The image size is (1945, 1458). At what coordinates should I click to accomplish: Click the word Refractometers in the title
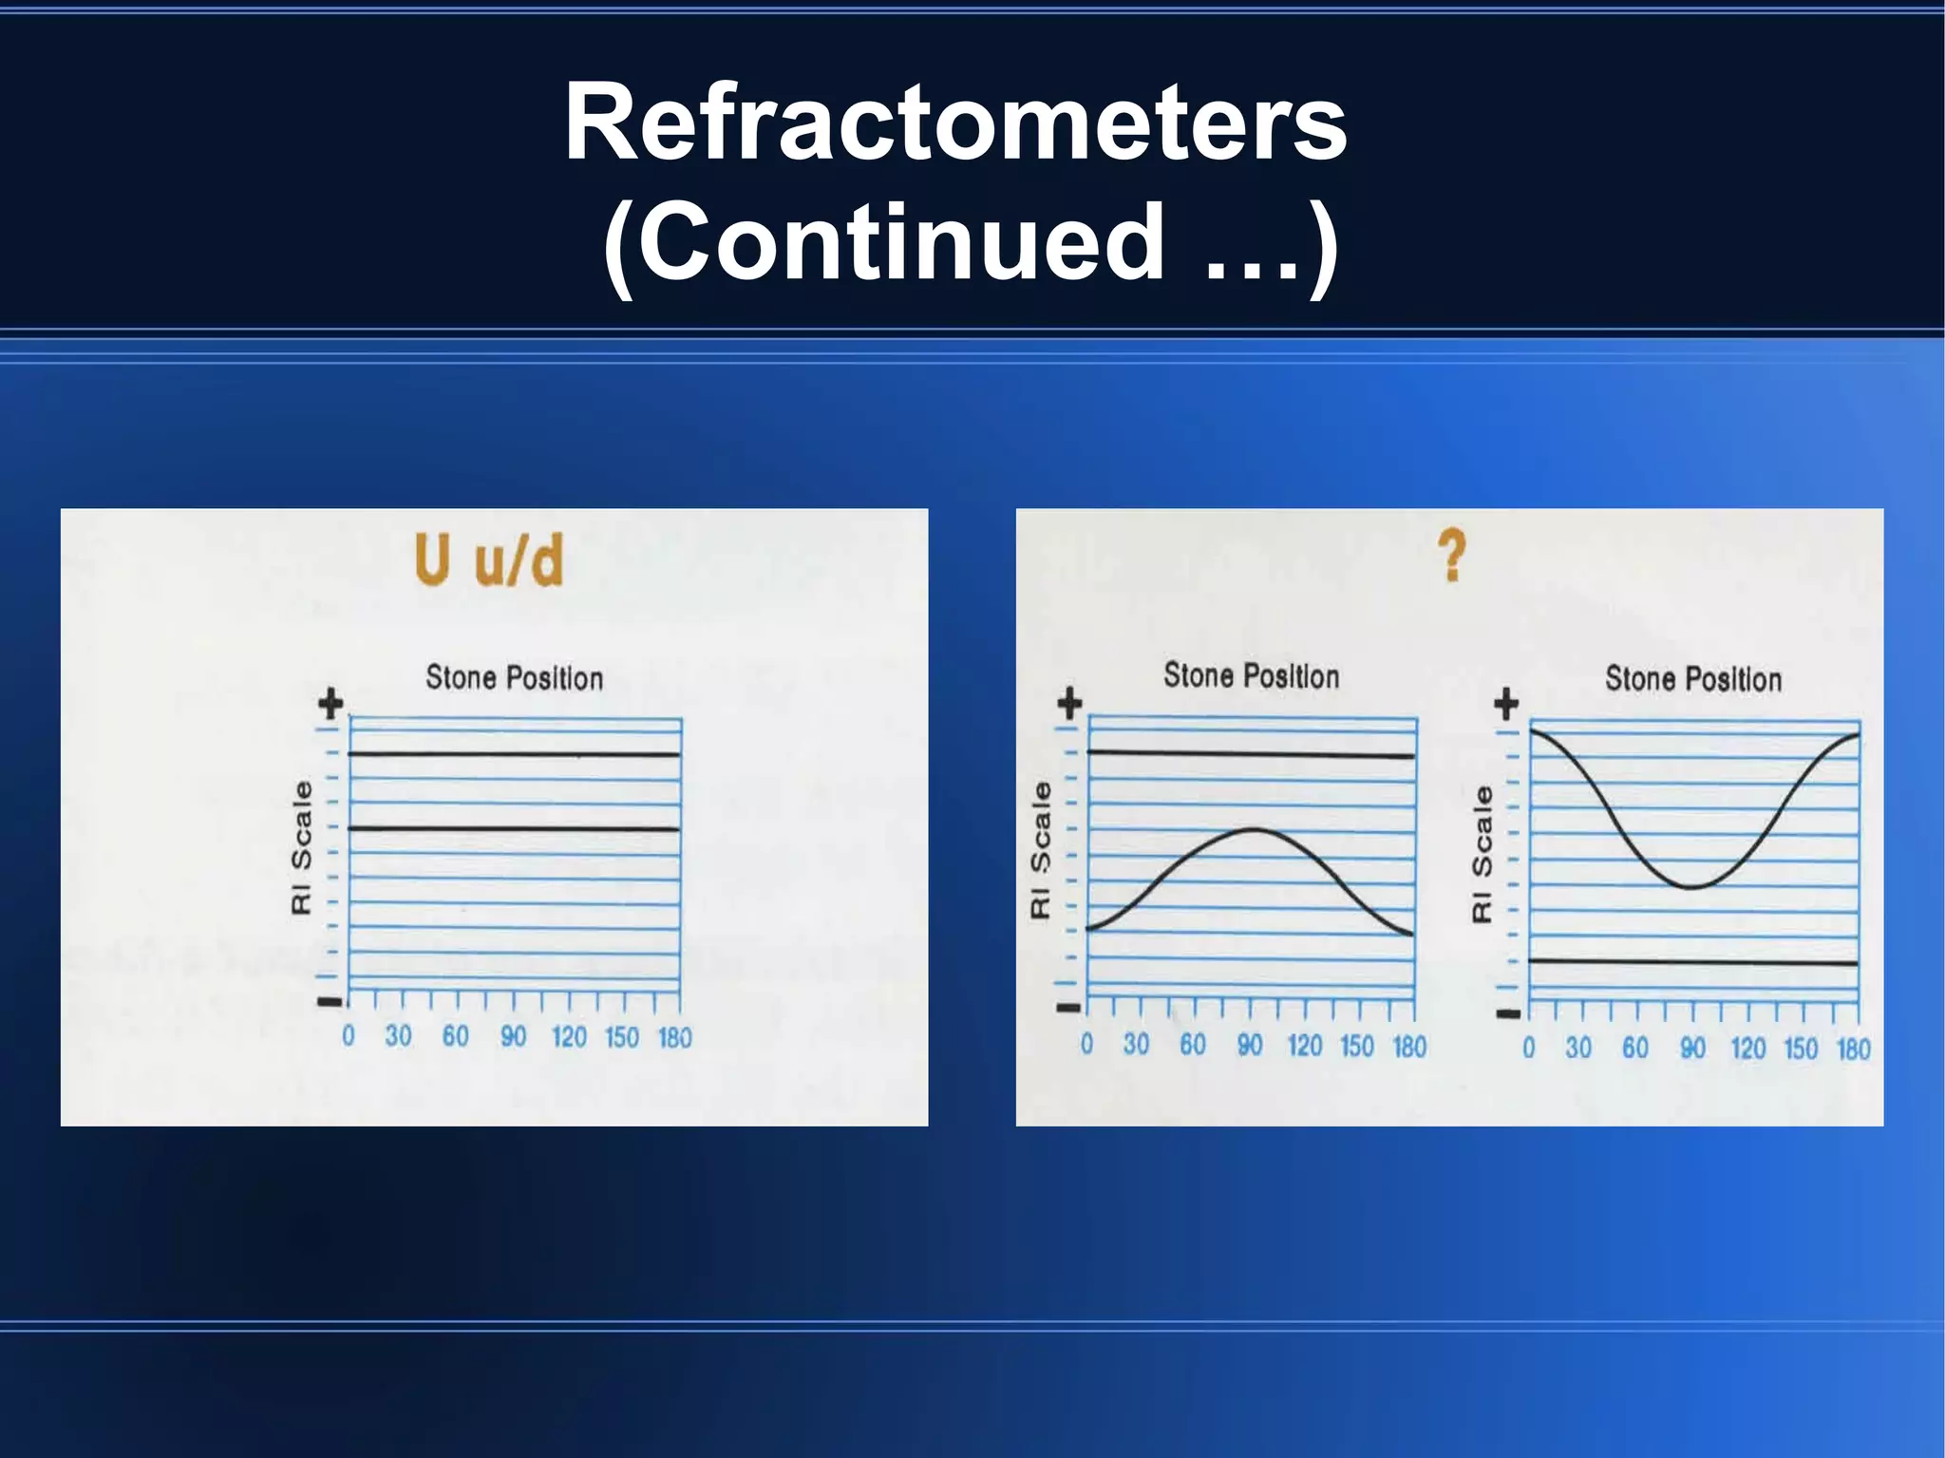(955, 123)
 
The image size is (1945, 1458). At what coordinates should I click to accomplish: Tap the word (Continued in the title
(882, 242)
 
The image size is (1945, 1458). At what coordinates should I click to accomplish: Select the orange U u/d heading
(489, 560)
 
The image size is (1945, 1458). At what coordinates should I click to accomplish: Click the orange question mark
(1451, 557)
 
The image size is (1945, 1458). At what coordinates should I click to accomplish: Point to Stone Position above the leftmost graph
(514, 678)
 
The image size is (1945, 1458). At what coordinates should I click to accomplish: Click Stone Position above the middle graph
(1251, 676)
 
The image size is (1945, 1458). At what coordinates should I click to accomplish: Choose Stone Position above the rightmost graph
(1692, 679)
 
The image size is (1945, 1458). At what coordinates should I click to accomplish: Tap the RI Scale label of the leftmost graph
(302, 847)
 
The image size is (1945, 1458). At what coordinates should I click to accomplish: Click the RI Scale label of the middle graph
(1041, 850)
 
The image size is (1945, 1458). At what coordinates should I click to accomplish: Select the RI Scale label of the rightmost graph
(1482, 853)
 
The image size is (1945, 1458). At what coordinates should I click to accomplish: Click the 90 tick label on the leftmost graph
(513, 1036)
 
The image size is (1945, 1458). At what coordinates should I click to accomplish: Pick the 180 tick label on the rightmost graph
(1853, 1049)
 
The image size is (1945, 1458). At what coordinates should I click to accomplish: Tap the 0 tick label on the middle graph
(1086, 1045)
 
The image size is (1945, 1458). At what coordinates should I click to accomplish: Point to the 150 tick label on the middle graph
(1357, 1046)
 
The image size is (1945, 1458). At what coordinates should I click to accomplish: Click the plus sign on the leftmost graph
(330, 705)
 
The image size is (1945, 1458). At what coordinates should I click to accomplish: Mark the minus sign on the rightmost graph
(1508, 1013)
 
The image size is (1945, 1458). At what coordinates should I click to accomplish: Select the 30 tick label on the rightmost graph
(1578, 1049)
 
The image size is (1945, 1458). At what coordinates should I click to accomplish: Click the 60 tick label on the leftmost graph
(455, 1036)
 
